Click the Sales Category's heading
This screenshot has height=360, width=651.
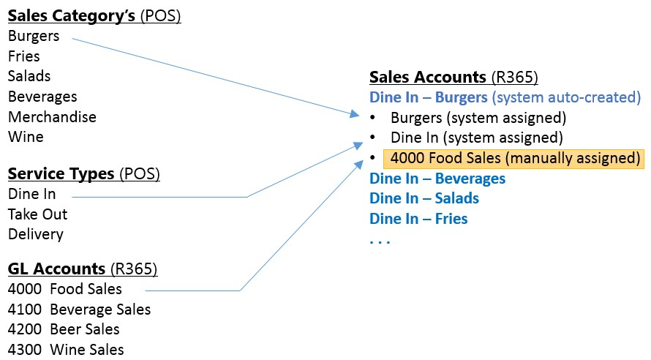point(94,15)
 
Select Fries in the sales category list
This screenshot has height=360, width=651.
point(24,56)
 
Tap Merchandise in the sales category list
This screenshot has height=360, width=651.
point(52,117)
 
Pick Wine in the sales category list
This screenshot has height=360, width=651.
point(26,137)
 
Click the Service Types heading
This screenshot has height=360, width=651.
point(83,174)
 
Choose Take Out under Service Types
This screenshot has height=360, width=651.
point(37,214)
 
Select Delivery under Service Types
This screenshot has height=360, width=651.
point(36,234)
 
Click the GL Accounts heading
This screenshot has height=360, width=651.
point(82,269)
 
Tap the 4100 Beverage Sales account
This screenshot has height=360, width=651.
point(79,310)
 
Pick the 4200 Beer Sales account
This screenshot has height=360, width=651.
point(64,329)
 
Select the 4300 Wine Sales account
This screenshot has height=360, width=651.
point(66,349)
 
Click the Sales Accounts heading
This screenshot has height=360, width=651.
point(454,78)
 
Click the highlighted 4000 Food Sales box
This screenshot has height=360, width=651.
point(514,158)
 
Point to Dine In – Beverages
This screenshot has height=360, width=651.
point(437,179)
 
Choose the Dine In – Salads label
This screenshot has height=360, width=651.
point(424,198)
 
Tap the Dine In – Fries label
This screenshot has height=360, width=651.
point(418,218)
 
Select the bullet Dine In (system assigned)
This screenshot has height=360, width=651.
point(476,137)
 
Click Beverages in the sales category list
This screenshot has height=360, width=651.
point(42,97)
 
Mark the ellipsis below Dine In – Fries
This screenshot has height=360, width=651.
point(380,240)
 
